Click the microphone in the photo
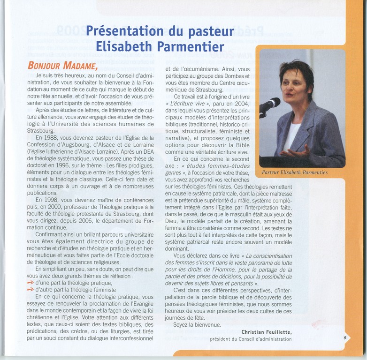click(x=271, y=105)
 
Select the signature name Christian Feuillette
click(x=267, y=332)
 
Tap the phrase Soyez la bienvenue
click(x=191, y=325)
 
